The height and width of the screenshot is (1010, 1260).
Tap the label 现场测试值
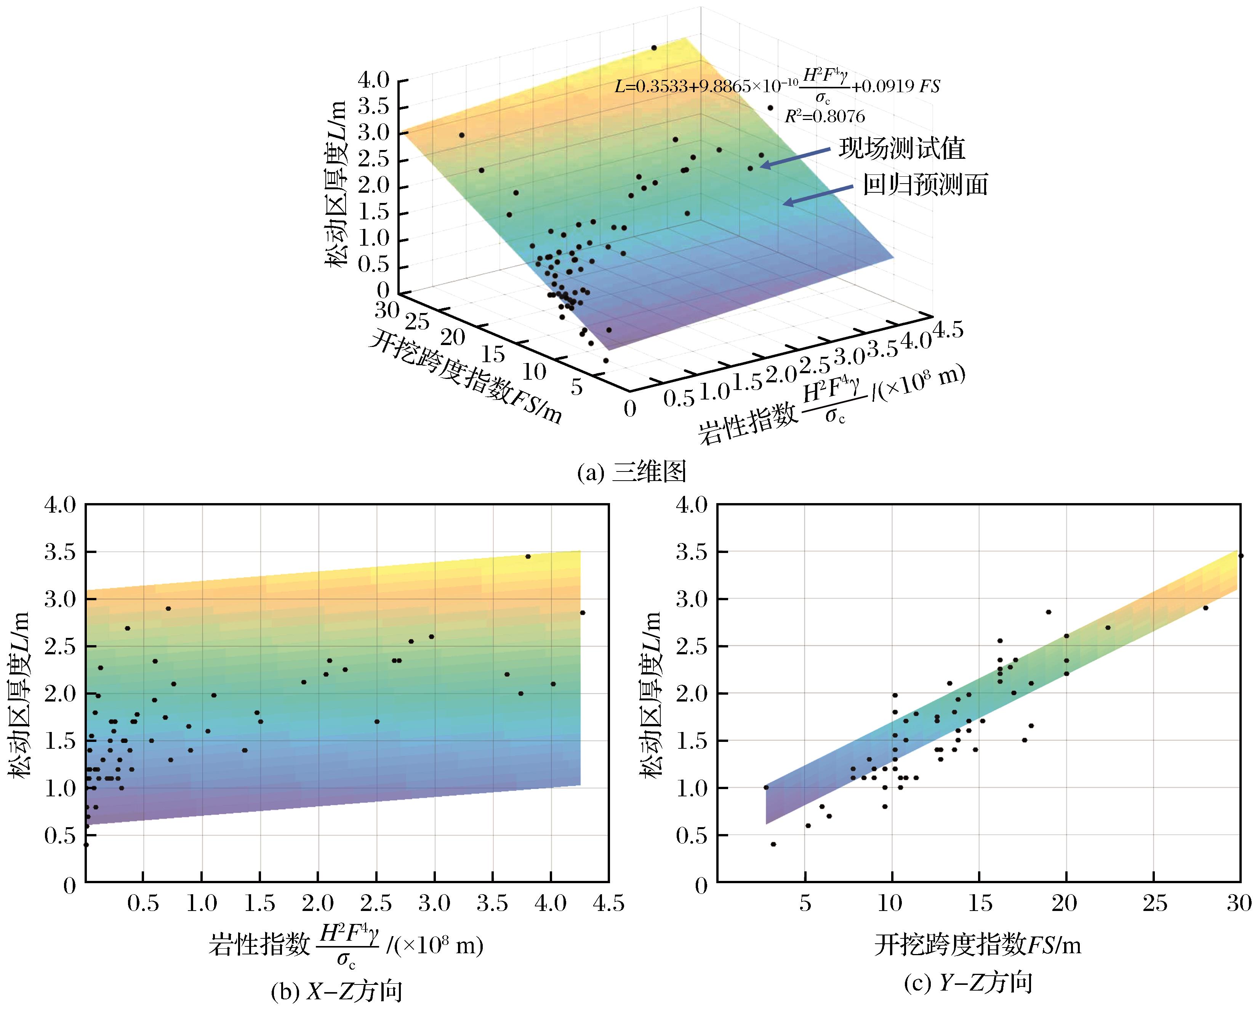point(902,149)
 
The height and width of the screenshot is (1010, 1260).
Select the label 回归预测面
point(925,185)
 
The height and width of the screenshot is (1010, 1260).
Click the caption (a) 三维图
point(631,472)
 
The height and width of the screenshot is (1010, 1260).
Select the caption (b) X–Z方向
point(337,991)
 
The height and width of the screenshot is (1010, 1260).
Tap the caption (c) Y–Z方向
point(968,983)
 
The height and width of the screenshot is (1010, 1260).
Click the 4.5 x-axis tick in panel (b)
point(608,904)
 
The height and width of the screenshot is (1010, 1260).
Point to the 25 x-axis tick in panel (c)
point(1154,904)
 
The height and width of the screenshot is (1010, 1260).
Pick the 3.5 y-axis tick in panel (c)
point(692,552)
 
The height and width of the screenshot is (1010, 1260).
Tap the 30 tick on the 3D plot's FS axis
point(386,310)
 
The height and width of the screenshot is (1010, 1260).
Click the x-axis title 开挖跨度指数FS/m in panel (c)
point(977,944)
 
